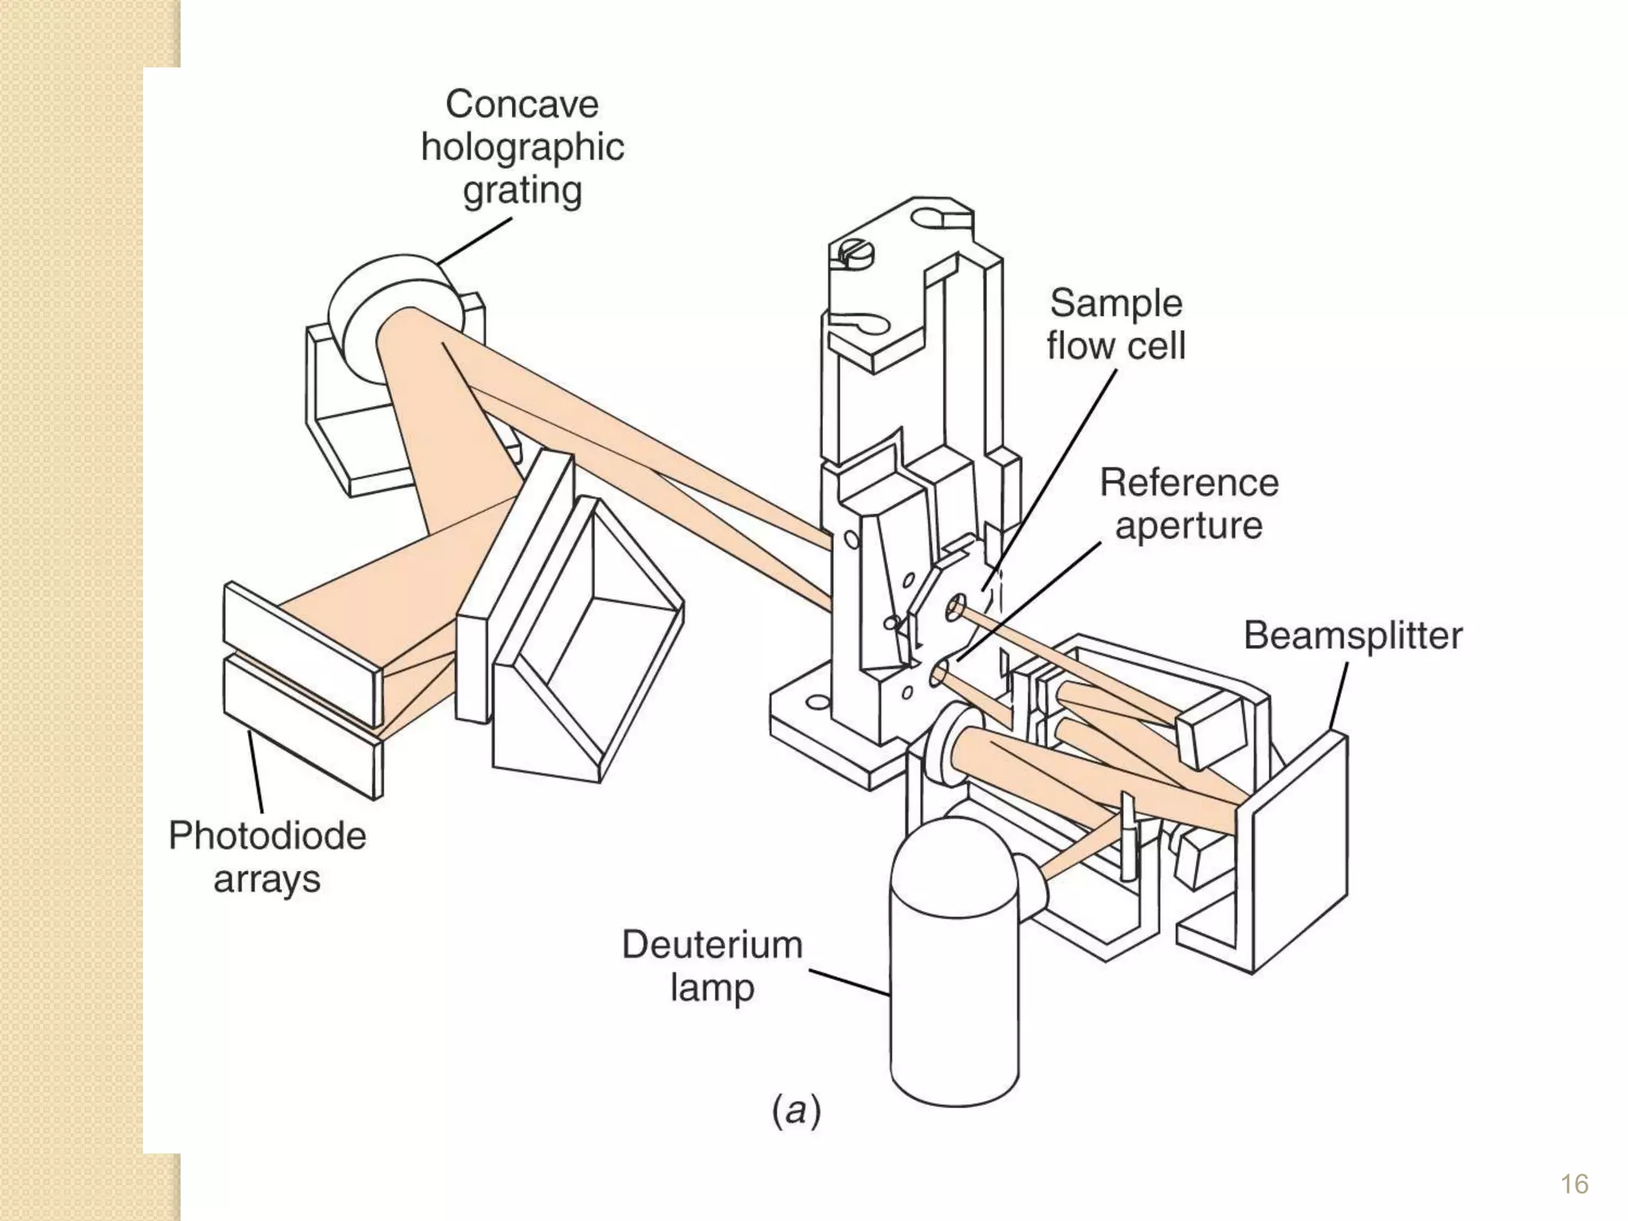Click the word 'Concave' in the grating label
point(521,104)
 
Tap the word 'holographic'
point(522,148)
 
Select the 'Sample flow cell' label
point(1115,324)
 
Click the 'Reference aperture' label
point(1188,504)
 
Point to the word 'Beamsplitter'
point(1352,635)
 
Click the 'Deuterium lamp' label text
point(711,966)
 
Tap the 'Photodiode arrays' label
point(267,858)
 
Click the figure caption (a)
point(796,1110)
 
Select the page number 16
point(1574,1184)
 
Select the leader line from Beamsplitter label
point(1339,696)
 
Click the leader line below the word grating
point(475,240)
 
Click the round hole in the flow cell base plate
point(816,703)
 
